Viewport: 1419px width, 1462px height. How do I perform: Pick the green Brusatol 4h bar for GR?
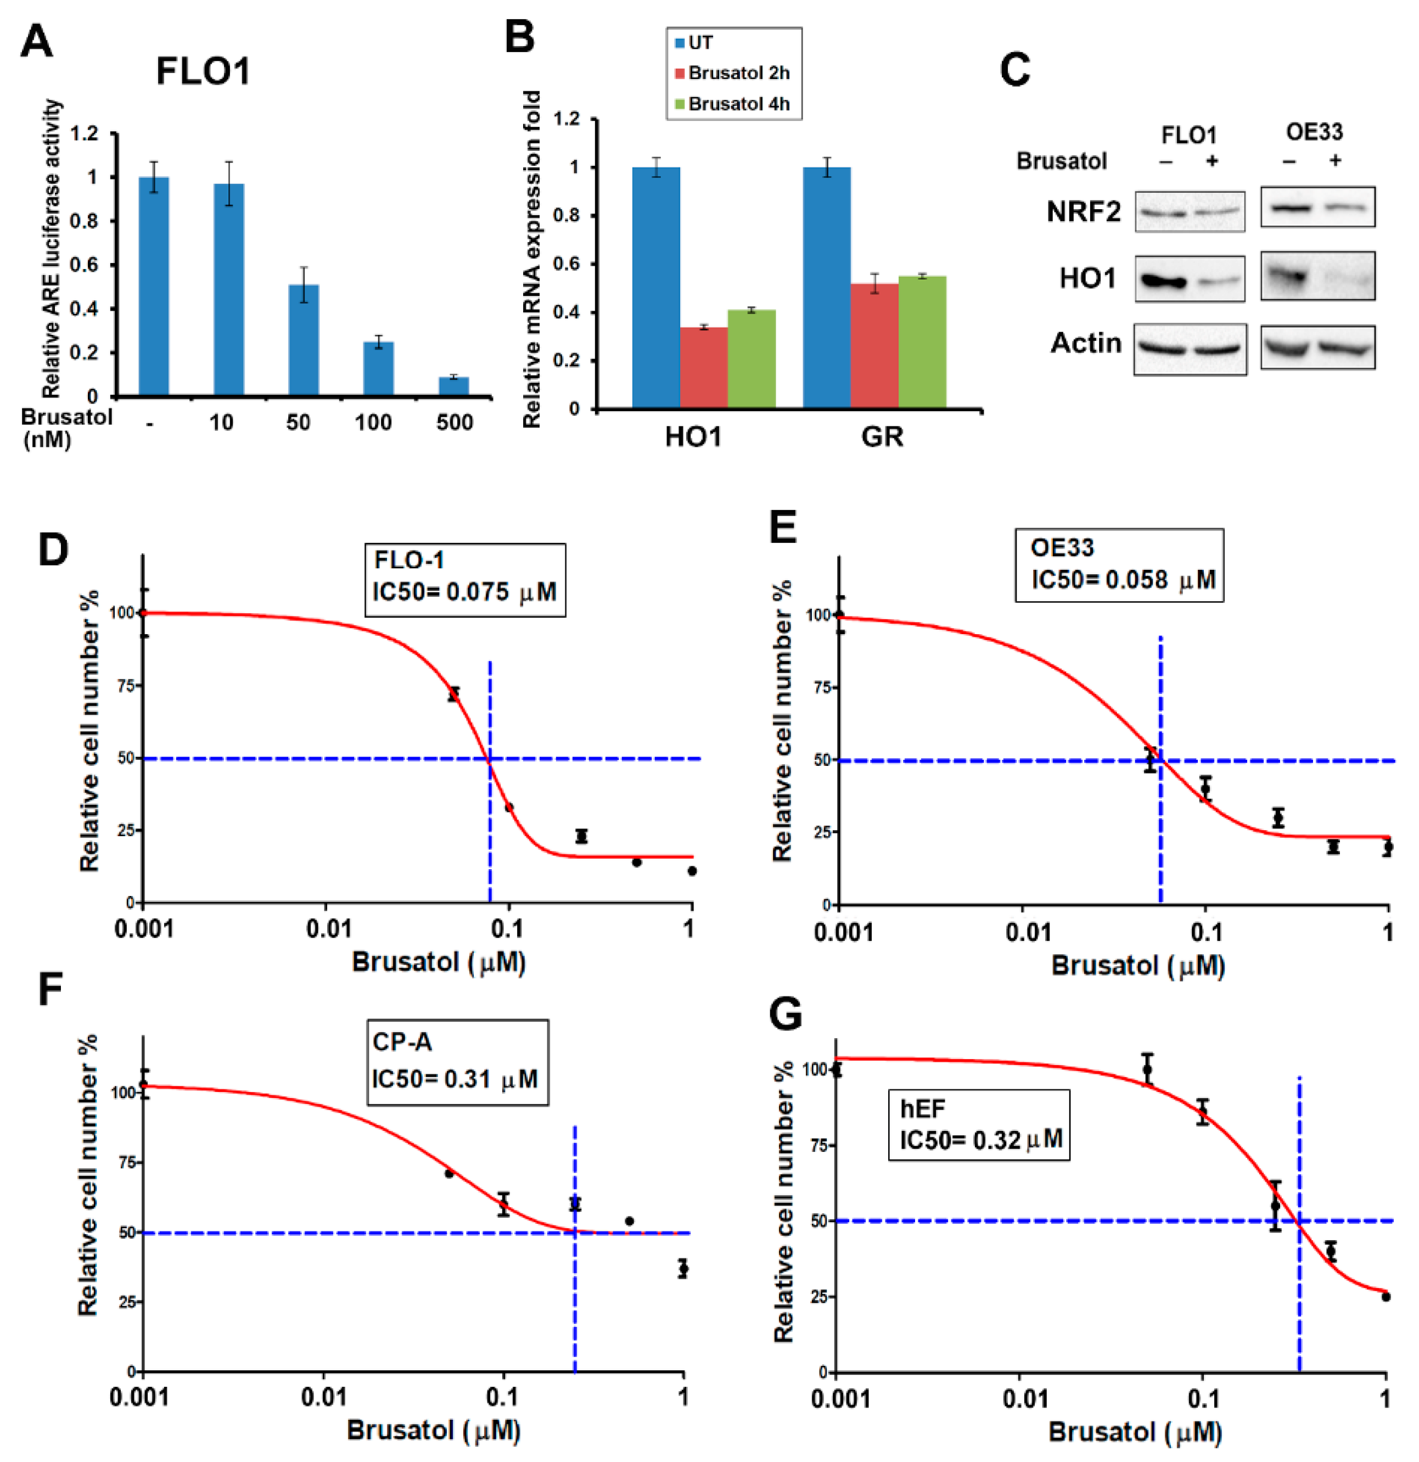pos(922,341)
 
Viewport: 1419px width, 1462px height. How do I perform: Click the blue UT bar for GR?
pos(826,287)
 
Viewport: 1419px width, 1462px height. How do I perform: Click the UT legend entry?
pos(699,42)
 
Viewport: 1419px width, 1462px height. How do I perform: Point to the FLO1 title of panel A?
pos(203,71)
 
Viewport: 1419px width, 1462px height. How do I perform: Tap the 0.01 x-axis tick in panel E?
pos(1028,932)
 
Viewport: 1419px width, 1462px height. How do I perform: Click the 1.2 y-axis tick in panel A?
pos(83,133)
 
